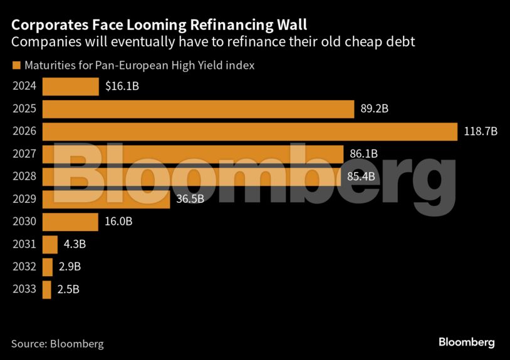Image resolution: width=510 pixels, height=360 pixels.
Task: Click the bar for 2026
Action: point(249,131)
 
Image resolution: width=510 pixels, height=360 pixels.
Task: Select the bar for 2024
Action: point(70,86)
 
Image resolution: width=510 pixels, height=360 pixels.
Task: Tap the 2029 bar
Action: point(106,199)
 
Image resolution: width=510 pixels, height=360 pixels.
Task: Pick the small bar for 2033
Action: point(47,289)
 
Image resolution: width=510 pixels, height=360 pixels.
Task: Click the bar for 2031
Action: point(50,244)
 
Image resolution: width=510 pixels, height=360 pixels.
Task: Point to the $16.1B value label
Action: point(122,86)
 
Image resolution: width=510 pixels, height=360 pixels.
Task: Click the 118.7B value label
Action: point(480,131)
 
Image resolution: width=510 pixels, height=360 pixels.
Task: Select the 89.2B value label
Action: point(375,109)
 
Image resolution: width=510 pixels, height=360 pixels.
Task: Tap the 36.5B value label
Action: point(190,199)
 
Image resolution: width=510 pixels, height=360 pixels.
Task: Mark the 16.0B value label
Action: point(118,222)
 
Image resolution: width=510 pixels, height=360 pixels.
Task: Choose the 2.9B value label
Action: point(70,267)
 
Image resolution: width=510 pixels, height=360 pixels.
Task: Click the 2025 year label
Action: point(24,109)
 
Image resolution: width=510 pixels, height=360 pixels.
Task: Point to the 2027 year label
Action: point(24,154)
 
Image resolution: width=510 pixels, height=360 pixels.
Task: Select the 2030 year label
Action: point(24,222)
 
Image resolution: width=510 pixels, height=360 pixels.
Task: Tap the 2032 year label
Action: point(24,267)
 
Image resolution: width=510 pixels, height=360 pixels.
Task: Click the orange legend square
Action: point(16,65)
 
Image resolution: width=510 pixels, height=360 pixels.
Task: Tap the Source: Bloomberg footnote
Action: point(57,343)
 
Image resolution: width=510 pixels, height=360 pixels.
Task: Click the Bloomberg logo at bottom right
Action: point(466,342)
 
